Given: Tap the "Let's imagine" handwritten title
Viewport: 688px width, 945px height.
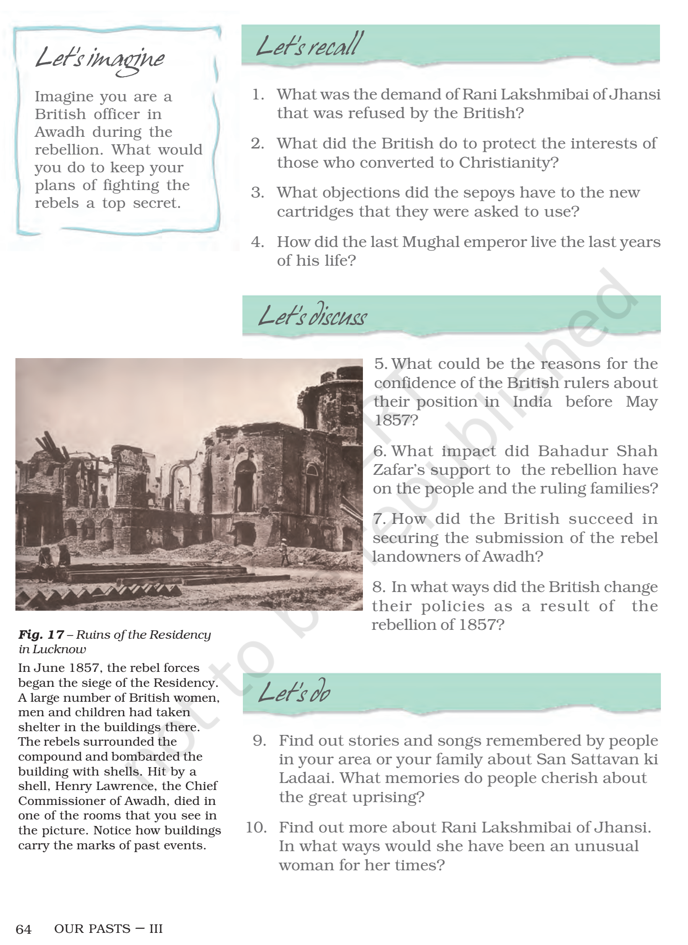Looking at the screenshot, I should tap(100, 59).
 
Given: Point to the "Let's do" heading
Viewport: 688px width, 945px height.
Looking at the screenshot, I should tap(294, 692).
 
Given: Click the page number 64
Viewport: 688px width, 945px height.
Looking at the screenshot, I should tap(23, 929).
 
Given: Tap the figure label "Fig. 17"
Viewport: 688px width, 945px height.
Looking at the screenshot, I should tap(41, 635).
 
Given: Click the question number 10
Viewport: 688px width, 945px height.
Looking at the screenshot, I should tap(256, 827).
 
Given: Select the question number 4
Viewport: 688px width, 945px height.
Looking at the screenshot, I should tap(257, 242).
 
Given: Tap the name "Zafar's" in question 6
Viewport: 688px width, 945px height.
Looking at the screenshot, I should tap(398, 470).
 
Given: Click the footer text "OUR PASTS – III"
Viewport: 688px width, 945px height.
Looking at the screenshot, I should tap(108, 929).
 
